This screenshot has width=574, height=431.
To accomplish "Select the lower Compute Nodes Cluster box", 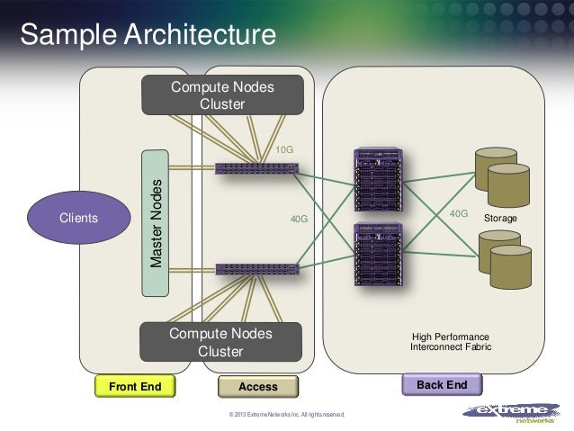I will pos(220,343).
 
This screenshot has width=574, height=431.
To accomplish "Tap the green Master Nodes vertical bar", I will pos(157,222).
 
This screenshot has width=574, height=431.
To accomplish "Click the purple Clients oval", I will pos(79,218).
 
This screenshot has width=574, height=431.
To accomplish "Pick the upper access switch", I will pos(256,168).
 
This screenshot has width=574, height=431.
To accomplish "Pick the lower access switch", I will pos(256,268).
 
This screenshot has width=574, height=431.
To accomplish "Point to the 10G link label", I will pos(285,148).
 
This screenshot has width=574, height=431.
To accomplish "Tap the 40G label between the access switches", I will pos(297,218).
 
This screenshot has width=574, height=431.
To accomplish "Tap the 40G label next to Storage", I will pos(459,214).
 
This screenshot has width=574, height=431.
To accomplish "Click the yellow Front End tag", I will pos(134,387).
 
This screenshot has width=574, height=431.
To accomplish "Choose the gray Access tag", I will pos(258,387).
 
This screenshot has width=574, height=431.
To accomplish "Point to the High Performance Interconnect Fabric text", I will pos(451,340).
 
